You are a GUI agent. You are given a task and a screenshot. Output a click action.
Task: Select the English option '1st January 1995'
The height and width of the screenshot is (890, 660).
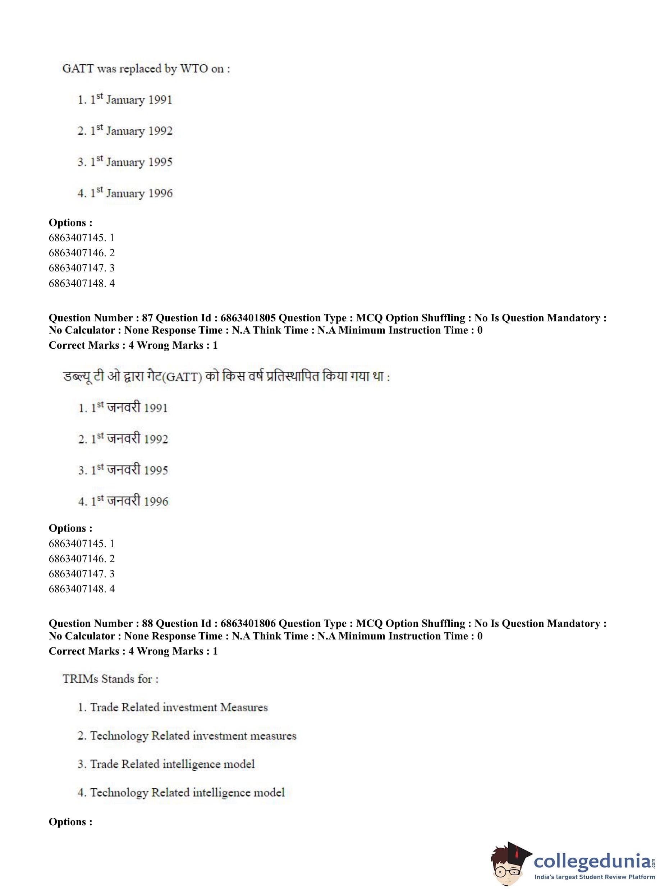(x=125, y=162)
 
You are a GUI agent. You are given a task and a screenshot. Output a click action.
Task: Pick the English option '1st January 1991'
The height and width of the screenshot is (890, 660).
(x=125, y=100)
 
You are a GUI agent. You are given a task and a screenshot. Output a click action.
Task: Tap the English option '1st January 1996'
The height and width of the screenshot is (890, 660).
(x=125, y=193)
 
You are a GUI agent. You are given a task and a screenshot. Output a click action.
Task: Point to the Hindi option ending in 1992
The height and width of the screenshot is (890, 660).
(x=123, y=439)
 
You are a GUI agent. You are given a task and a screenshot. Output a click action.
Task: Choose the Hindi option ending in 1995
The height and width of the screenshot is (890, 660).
(x=123, y=470)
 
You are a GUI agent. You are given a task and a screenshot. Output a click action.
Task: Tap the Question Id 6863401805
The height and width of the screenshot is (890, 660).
(x=248, y=318)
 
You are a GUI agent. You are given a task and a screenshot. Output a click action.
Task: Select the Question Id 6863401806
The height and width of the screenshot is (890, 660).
(x=248, y=624)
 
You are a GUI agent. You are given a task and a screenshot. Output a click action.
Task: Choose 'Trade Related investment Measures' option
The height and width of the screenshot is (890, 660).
(x=173, y=707)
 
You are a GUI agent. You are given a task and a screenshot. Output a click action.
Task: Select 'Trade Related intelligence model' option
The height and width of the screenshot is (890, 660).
(x=166, y=764)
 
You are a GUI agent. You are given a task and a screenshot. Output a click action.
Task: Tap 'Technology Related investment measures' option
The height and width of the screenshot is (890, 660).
(x=187, y=736)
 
